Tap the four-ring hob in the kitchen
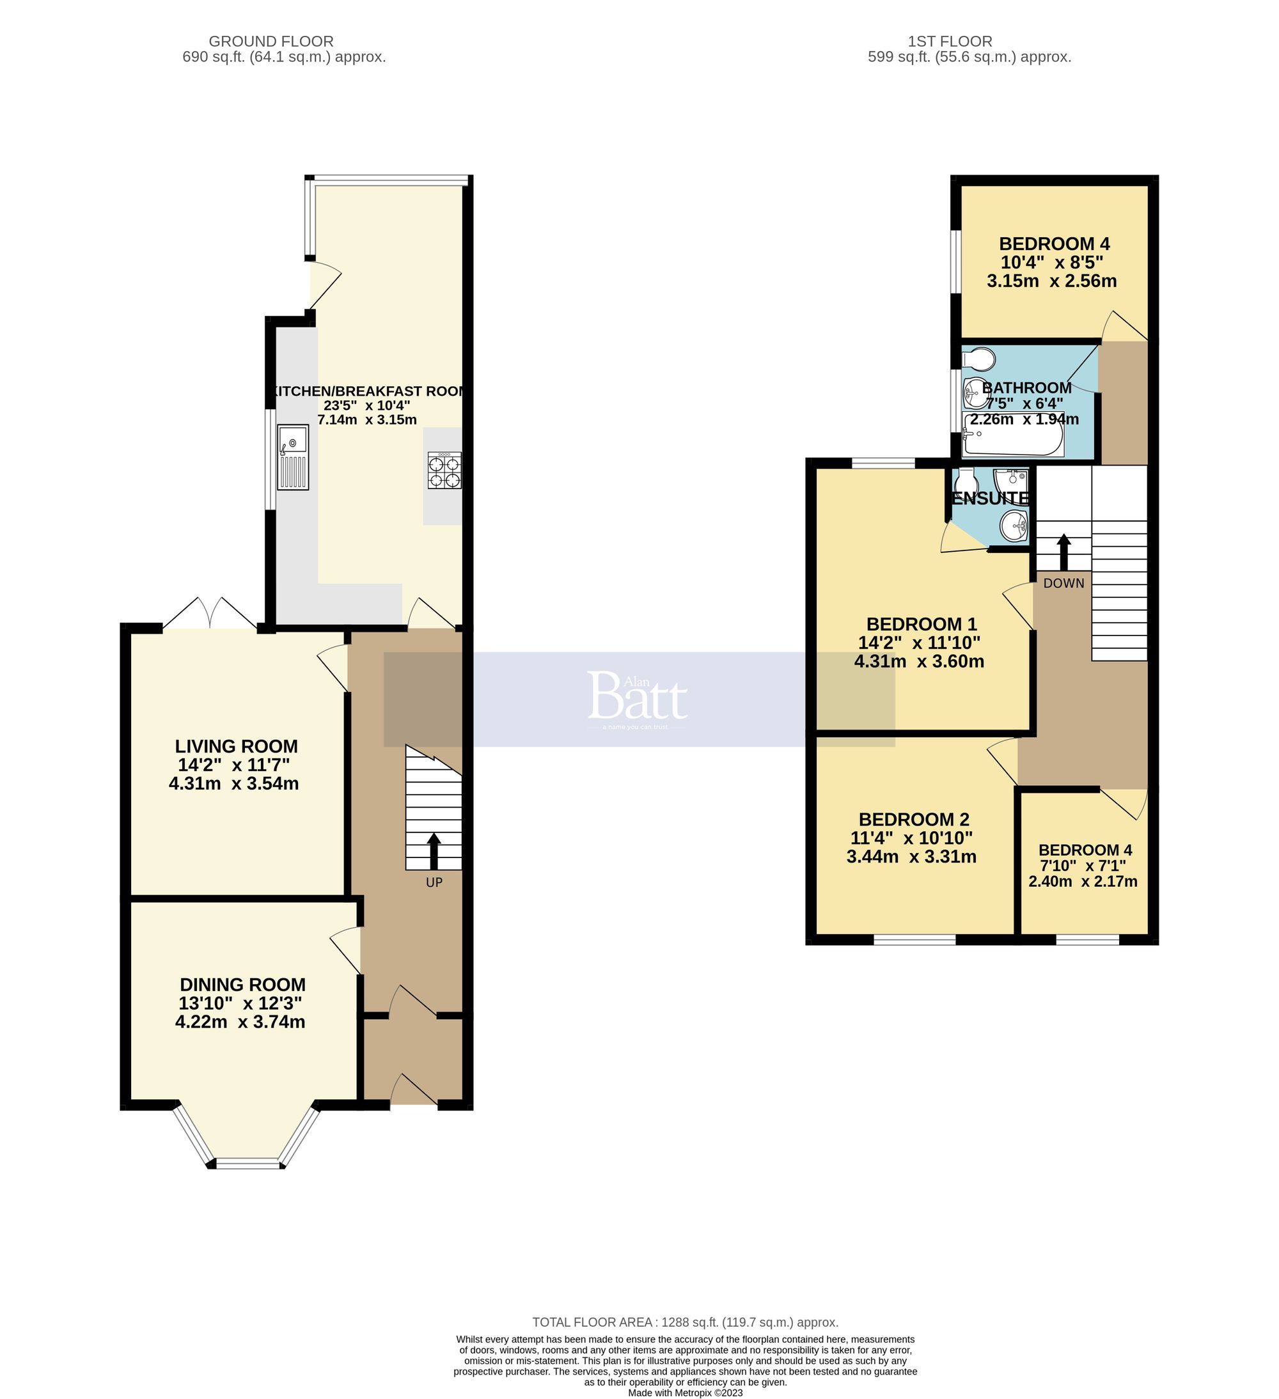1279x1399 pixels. click(x=444, y=471)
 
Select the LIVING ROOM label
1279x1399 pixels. click(x=236, y=746)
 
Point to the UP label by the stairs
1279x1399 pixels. click(x=434, y=883)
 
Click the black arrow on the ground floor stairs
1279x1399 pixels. click(x=434, y=851)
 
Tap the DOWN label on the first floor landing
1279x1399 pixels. click(x=1063, y=583)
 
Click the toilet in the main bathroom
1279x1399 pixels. click(x=979, y=359)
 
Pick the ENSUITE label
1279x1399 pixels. click(x=991, y=498)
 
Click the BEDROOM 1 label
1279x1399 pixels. click(x=921, y=624)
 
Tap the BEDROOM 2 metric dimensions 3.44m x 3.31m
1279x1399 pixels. click(x=911, y=856)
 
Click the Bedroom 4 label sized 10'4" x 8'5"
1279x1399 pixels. click(x=1053, y=244)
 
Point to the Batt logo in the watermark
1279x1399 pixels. click(x=637, y=696)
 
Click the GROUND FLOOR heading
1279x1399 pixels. click(x=271, y=42)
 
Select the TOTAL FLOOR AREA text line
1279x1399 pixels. click(x=684, y=1322)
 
